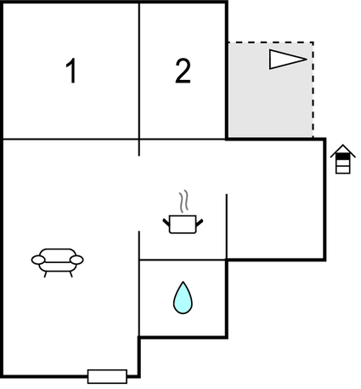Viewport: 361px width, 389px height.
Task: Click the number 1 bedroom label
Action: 71,71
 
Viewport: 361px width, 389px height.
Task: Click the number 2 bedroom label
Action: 183,71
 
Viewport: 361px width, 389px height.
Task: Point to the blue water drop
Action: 183,298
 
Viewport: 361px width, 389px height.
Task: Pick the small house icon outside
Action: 343,159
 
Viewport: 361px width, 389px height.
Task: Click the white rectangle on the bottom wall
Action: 107,376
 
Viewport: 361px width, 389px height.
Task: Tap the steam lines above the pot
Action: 183,202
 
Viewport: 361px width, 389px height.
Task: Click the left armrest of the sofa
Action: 38,260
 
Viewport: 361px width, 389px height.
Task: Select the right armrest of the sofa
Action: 76,260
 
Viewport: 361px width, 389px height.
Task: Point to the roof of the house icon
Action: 343,151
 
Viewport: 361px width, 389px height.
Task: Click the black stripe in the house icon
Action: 343,156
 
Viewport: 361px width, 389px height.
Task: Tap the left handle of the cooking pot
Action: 166,222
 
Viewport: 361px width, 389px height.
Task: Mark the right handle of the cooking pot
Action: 200,222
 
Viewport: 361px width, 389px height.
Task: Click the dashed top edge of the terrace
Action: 270,43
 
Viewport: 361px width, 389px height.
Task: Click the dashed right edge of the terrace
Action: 313,90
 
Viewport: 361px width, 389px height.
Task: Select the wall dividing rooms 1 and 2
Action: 139,71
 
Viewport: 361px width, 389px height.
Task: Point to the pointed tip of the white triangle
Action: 307,60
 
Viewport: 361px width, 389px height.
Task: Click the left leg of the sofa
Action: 45,274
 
